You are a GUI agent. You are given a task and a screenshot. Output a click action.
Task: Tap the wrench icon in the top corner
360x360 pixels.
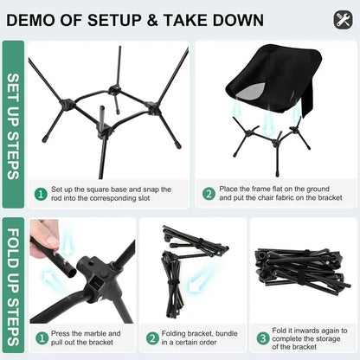343,19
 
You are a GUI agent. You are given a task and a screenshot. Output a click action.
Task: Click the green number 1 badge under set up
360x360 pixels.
39,195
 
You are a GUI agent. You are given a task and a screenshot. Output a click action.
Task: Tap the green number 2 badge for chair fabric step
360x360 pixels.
209,195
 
